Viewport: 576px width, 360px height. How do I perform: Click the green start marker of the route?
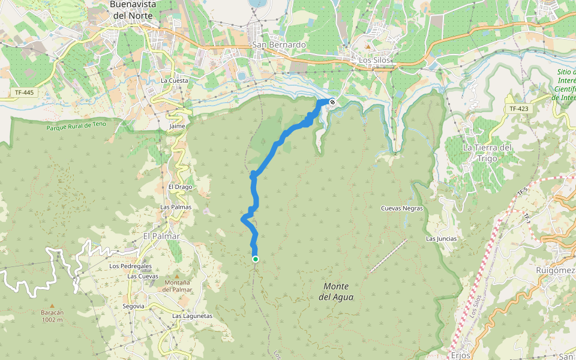coord(256,259)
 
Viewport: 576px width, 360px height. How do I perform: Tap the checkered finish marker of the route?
coord(332,101)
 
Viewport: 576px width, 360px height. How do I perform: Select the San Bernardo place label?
coord(279,45)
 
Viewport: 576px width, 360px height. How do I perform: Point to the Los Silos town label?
coord(374,60)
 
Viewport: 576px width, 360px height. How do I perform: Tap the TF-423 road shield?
coord(519,109)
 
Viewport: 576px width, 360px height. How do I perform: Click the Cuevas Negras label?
coord(402,208)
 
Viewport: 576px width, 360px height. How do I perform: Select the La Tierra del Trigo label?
coord(487,152)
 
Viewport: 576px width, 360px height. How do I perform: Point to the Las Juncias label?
coord(441,238)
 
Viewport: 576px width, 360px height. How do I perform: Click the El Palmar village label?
coord(161,236)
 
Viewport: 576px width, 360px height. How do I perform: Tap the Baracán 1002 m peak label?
coord(52,316)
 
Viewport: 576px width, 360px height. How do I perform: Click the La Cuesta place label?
coord(175,80)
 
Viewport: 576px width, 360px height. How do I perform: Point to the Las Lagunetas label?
coord(192,316)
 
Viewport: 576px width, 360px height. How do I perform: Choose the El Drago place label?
coord(179,187)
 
